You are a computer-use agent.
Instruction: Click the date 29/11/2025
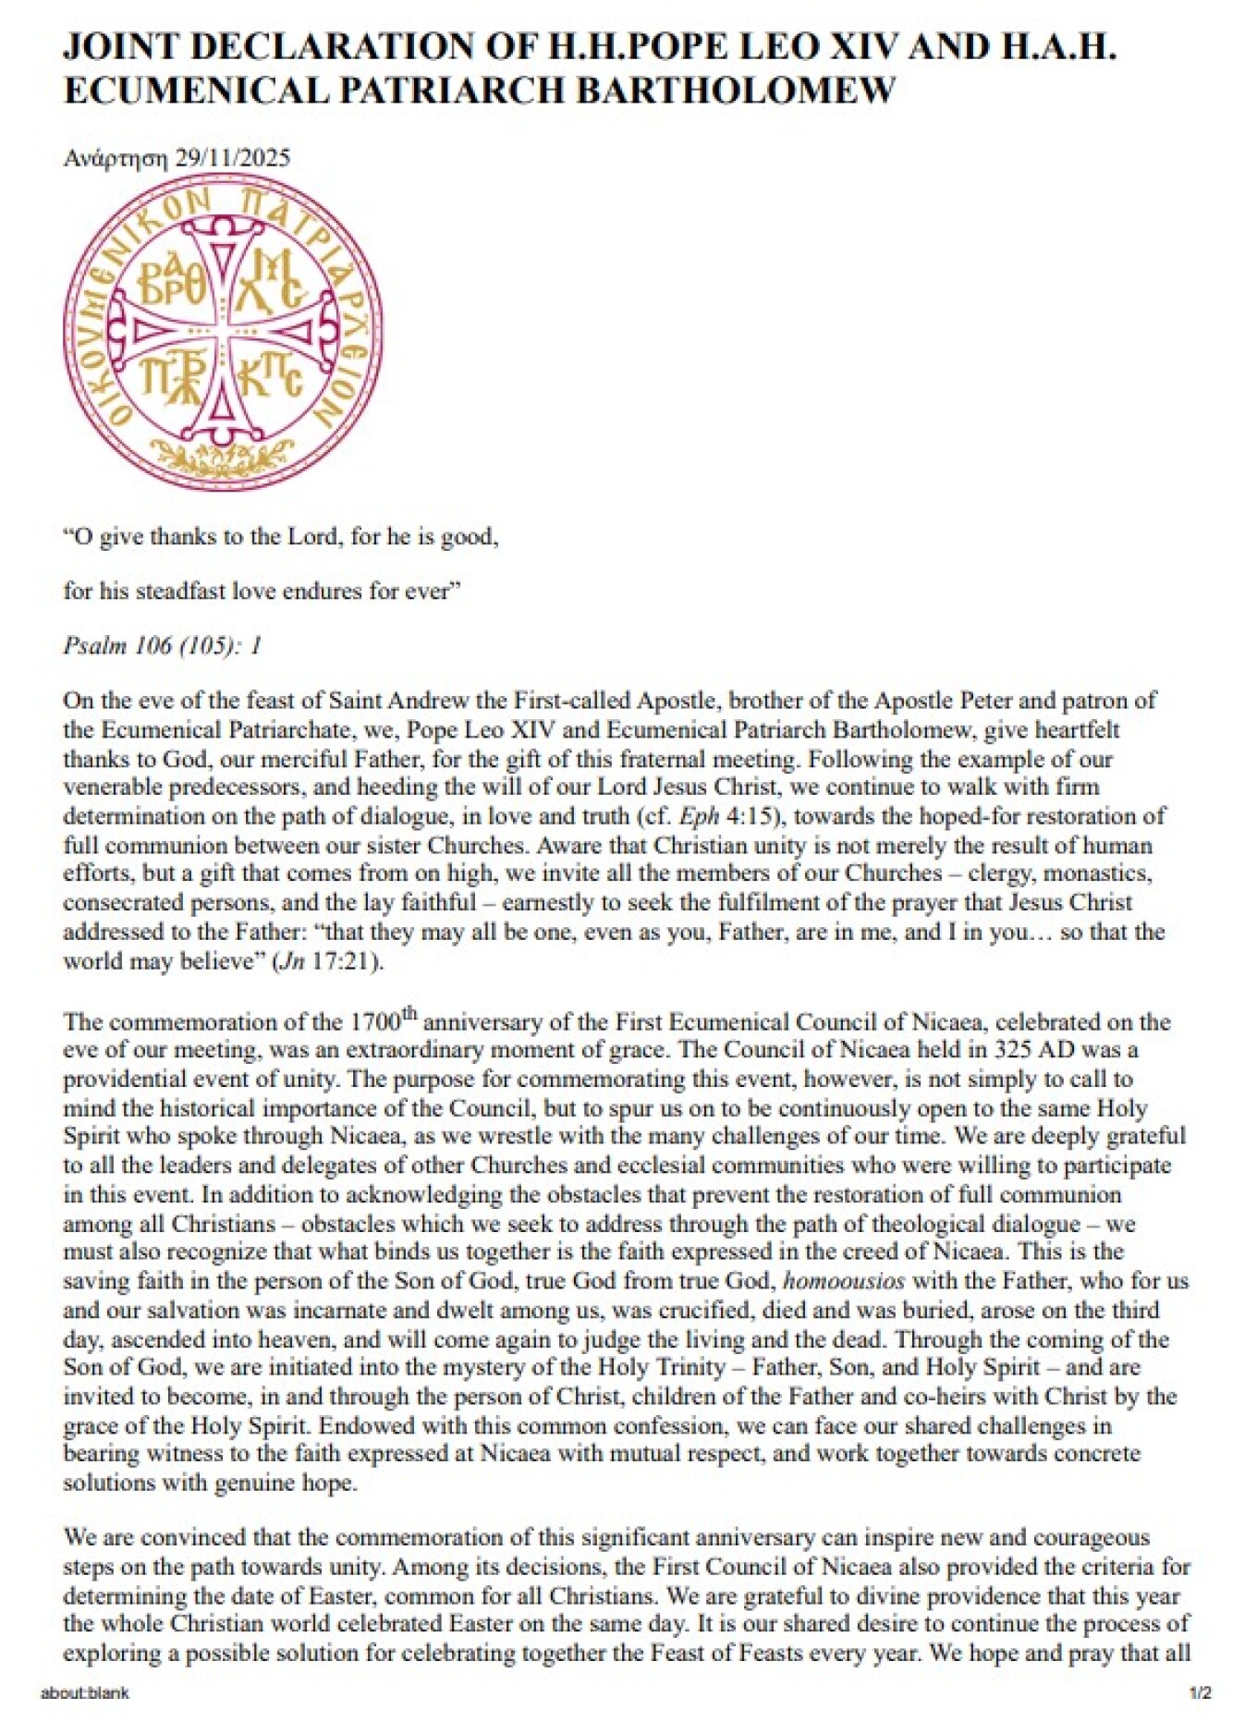[232, 158]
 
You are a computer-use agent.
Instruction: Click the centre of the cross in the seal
[223, 331]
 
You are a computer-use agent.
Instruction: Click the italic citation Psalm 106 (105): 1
[163, 645]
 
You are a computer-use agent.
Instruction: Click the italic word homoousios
[843, 1281]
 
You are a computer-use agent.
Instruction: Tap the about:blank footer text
[85, 1693]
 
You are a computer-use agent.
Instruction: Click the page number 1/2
[1200, 1693]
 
